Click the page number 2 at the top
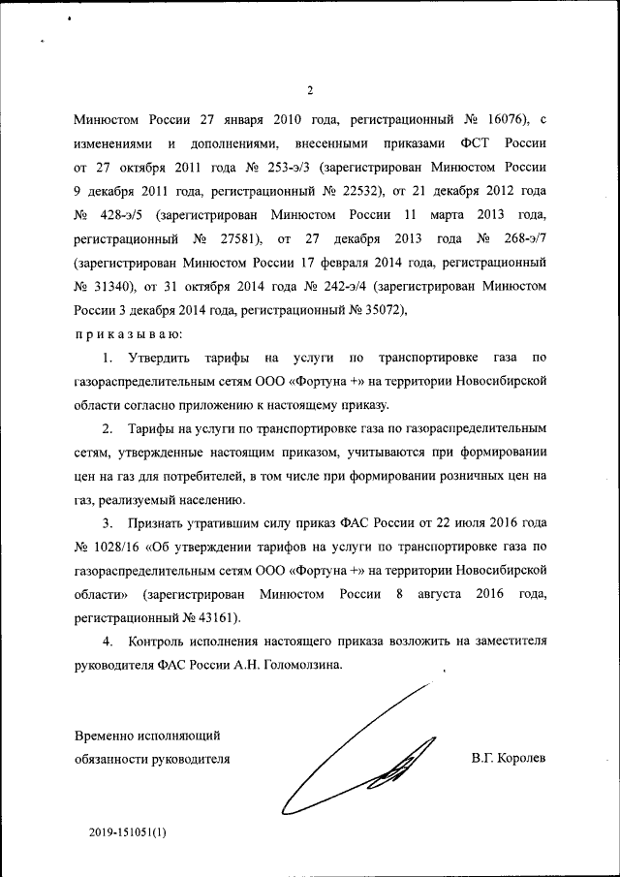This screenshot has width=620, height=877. [310, 92]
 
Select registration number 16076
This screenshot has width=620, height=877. [496, 119]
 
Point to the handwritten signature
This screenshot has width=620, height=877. [358, 756]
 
